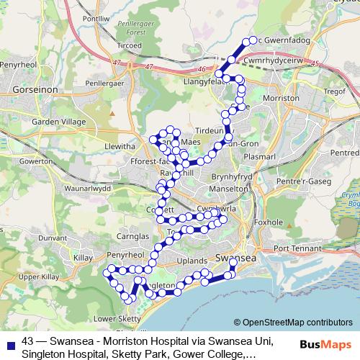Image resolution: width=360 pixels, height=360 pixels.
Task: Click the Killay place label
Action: (81, 256)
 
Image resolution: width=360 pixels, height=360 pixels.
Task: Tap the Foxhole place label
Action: (282, 222)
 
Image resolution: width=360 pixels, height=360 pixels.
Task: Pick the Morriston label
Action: (282, 97)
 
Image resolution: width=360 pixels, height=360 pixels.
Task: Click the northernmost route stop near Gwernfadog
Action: (253, 41)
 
